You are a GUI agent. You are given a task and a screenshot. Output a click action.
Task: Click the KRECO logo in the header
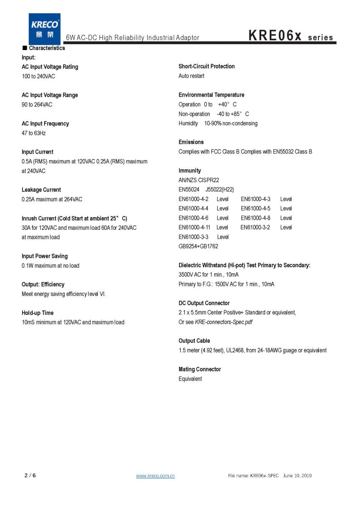45,26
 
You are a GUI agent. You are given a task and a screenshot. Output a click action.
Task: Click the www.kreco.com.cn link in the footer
155,476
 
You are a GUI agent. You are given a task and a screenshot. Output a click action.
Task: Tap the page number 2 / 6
30,475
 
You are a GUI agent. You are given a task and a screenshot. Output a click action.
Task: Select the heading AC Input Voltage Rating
50,67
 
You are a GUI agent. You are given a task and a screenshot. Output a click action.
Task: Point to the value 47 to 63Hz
33,133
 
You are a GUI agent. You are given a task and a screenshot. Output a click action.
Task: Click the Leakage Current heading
41,190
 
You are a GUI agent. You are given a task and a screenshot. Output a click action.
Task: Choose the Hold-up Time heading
37,313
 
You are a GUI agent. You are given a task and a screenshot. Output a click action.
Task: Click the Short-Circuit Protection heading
207,66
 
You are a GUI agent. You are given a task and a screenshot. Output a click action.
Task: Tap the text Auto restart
191,76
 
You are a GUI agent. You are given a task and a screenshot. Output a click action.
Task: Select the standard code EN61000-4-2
193,199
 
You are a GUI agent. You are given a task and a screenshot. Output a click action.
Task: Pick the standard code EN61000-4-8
255,218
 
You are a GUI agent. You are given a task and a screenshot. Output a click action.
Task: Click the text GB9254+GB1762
198,246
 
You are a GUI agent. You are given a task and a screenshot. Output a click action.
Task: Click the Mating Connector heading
200,369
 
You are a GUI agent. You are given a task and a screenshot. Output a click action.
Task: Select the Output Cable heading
194,341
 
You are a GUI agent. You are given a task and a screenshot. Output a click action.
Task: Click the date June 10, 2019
297,476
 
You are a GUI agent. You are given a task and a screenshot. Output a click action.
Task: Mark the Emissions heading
191,142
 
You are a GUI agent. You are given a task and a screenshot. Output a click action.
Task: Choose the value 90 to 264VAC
37,105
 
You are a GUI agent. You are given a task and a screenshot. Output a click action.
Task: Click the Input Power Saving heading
45,256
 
